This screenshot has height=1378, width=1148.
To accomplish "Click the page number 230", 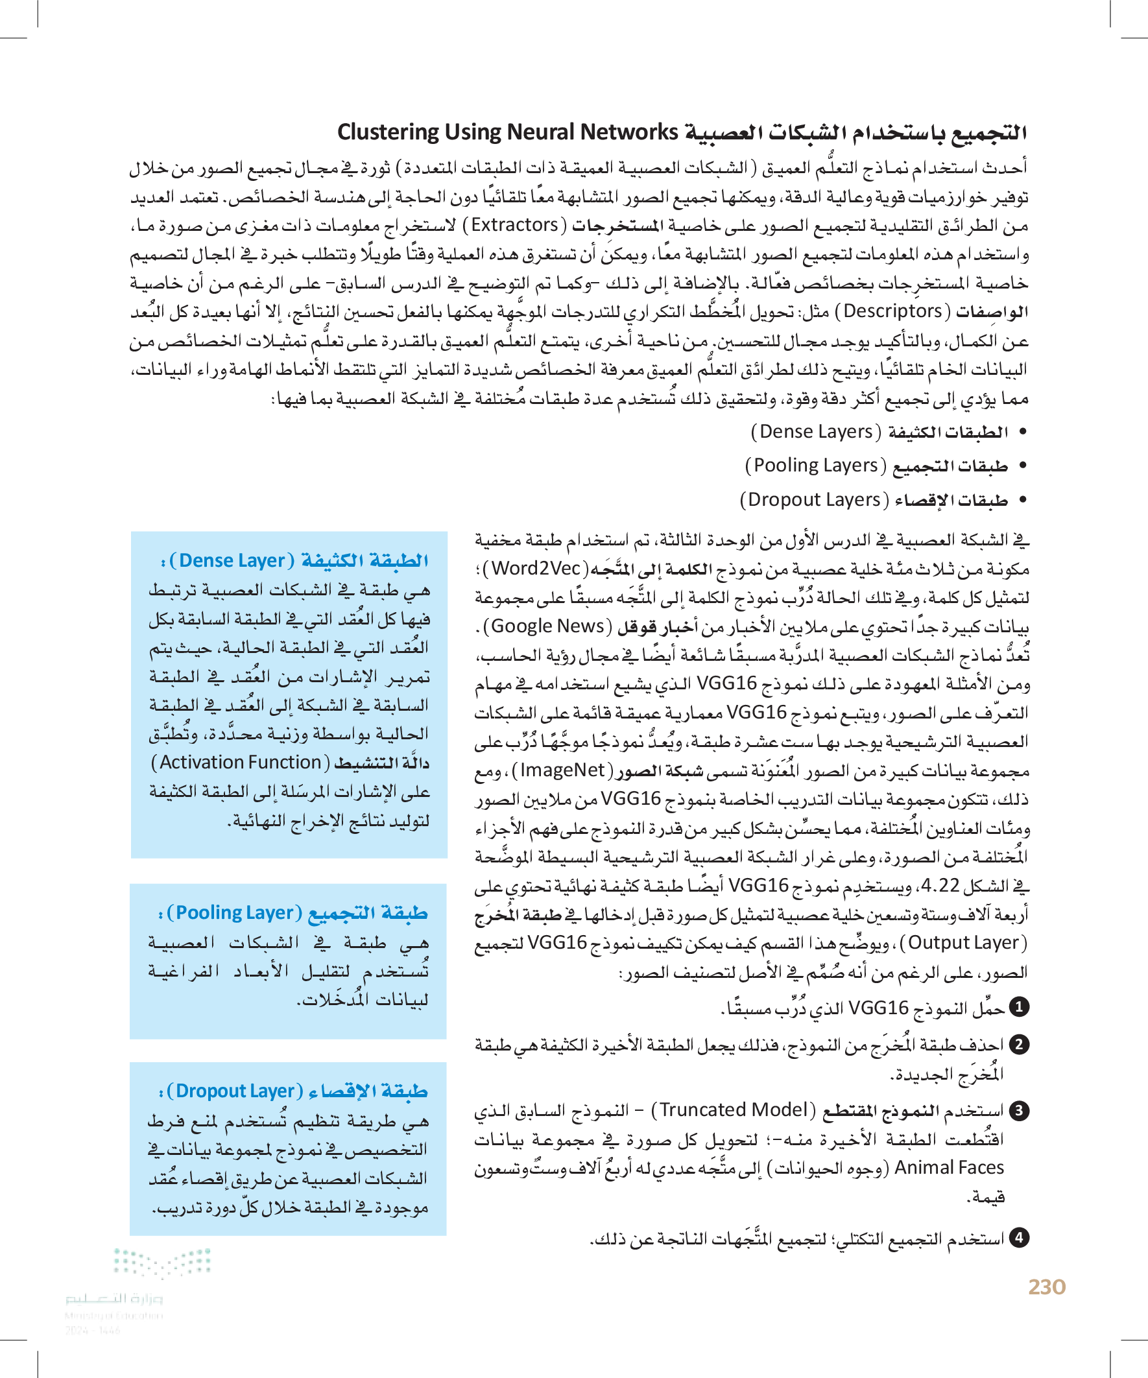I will [1046, 1287].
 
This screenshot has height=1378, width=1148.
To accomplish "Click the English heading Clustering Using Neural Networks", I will [507, 132].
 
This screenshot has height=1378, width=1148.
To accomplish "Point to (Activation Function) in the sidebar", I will [240, 763].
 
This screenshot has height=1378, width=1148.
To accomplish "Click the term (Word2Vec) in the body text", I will [536, 568].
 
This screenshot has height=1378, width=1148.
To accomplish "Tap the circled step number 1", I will [1019, 1007].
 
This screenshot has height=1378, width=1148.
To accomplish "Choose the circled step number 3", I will [1019, 1111].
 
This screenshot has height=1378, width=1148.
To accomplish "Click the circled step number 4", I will [1019, 1238].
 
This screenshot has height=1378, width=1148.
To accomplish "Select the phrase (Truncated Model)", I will [732, 1110].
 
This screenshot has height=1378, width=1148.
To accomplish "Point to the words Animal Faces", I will [949, 1167].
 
